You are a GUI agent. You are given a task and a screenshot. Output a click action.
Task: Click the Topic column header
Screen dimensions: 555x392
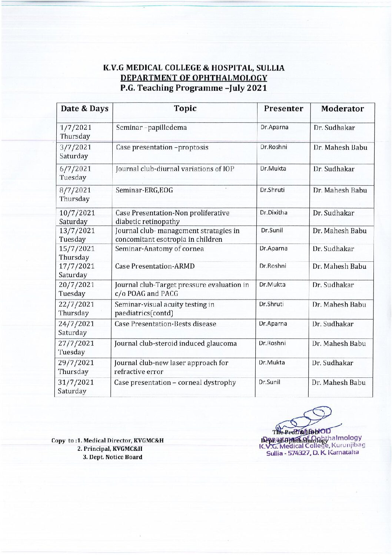coord(185,108)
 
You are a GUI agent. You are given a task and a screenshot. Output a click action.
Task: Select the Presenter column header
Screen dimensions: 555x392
coord(283,109)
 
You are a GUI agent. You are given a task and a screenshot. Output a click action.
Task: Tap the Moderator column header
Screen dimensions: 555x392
coord(342,109)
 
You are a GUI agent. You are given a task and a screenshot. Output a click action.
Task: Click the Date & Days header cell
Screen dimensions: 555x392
coord(84,109)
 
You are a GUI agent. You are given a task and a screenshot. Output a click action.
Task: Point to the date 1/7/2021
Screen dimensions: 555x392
coord(76,128)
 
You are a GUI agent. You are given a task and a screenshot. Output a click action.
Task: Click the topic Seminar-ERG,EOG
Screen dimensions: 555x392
coord(144,190)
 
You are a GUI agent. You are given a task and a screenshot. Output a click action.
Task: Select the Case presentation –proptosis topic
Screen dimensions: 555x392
coord(162,147)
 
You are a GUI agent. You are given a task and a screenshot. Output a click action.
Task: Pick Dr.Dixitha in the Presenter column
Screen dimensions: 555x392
coord(273,213)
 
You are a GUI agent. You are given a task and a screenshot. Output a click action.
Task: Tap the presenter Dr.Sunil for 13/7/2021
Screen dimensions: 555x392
coord(272,230)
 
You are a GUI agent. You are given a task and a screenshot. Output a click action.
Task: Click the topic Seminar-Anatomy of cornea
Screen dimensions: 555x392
coord(159,248)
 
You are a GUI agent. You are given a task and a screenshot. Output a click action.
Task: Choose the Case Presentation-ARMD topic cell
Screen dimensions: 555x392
coord(155,266)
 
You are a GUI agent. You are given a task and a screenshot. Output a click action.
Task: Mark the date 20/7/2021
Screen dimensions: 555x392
coord(76,285)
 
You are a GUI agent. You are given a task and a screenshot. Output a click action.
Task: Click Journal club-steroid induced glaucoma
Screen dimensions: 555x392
coord(175,343)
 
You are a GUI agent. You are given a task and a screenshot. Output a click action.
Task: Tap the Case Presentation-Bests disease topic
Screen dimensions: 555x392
coord(165,324)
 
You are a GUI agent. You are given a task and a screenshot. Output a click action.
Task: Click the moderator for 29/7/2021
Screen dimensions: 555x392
coord(332,363)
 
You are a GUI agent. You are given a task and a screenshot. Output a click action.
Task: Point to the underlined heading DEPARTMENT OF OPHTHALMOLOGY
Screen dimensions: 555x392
coord(194,78)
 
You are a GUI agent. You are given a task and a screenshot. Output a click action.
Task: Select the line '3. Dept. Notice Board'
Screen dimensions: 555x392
coord(112,457)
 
